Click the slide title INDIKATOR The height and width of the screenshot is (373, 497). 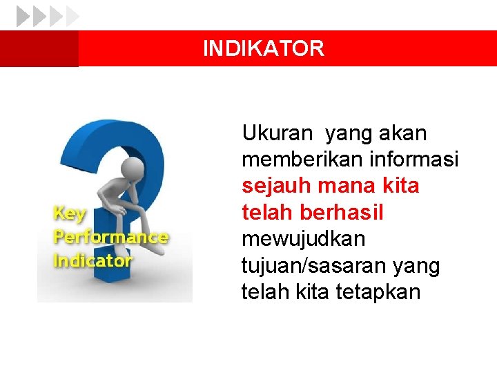(263, 48)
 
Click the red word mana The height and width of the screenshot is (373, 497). (339, 186)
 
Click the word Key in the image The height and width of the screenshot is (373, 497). (70, 213)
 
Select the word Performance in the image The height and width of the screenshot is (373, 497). (110, 237)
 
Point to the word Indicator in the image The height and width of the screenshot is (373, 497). (92, 261)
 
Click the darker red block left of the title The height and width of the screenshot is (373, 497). (39, 48)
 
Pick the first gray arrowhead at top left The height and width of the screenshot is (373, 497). (23, 16)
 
